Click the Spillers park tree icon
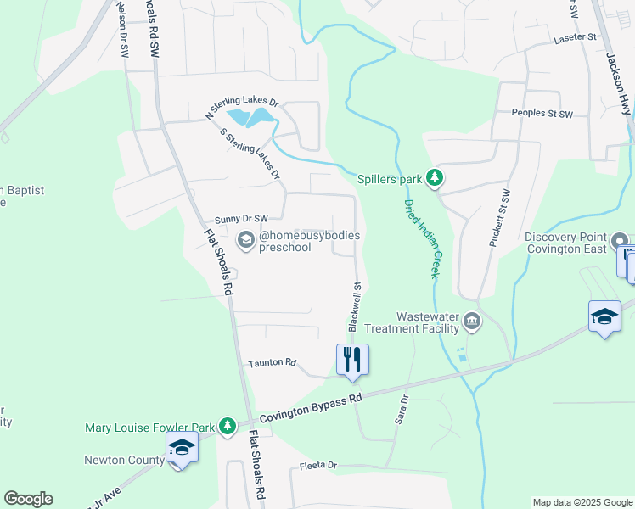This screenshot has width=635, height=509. (x=435, y=178)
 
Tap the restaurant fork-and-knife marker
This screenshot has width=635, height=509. (x=353, y=359)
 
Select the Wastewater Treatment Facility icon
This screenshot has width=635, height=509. (x=473, y=322)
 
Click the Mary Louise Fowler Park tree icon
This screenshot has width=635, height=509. (x=227, y=426)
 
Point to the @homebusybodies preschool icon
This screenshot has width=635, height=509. (x=246, y=240)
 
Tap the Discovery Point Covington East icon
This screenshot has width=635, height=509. (x=620, y=241)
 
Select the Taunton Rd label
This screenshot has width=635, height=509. (x=272, y=363)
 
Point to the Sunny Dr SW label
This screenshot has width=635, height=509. (x=241, y=219)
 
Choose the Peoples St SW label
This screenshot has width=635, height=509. (x=542, y=114)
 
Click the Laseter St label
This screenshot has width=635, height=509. (x=575, y=38)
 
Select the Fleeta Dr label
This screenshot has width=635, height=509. (x=318, y=466)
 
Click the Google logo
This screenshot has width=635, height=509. (x=28, y=499)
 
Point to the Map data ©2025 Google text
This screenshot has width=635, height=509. (x=582, y=502)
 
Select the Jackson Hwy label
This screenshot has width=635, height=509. (x=618, y=81)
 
